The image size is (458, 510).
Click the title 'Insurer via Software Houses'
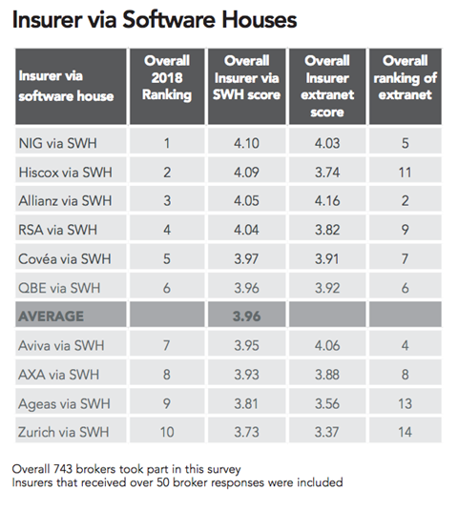pyautogui.click(x=155, y=19)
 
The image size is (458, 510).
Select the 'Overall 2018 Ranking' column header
pyautogui.click(x=167, y=78)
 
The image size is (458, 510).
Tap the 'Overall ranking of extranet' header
pyautogui.click(x=405, y=78)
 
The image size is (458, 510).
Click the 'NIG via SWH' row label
pyautogui.click(x=57, y=143)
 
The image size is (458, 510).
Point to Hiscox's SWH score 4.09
pyautogui.click(x=246, y=172)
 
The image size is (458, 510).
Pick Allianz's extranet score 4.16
pyautogui.click(x=327, y=201)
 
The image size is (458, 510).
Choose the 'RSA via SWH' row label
pyautogui.click(x=57, y=230)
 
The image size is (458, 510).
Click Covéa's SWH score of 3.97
pyautogui.click(x=246, y=259)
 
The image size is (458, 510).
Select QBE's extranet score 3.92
pyautogui.click(x=327, y=288)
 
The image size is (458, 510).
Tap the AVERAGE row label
pyautogui.click(x=52, y=316)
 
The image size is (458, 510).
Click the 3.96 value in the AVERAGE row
pyautogui.click(x=246, y=316)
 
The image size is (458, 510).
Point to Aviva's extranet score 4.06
pyautogui.click(x=327, y=345)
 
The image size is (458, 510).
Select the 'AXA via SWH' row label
pyautogui.click(x=58, y=375)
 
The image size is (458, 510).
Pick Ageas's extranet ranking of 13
pyautogui.click(x=405, y=403)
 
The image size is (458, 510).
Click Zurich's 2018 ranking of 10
pyautogui.click(x=167, y=432)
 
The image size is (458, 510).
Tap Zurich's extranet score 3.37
pyautogui.click(x=327, y=432)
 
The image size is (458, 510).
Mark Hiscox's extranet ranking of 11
pyautogui.click(x=405, y=172)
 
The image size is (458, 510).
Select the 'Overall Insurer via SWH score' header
pyautogui.click(x=246, y=78)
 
